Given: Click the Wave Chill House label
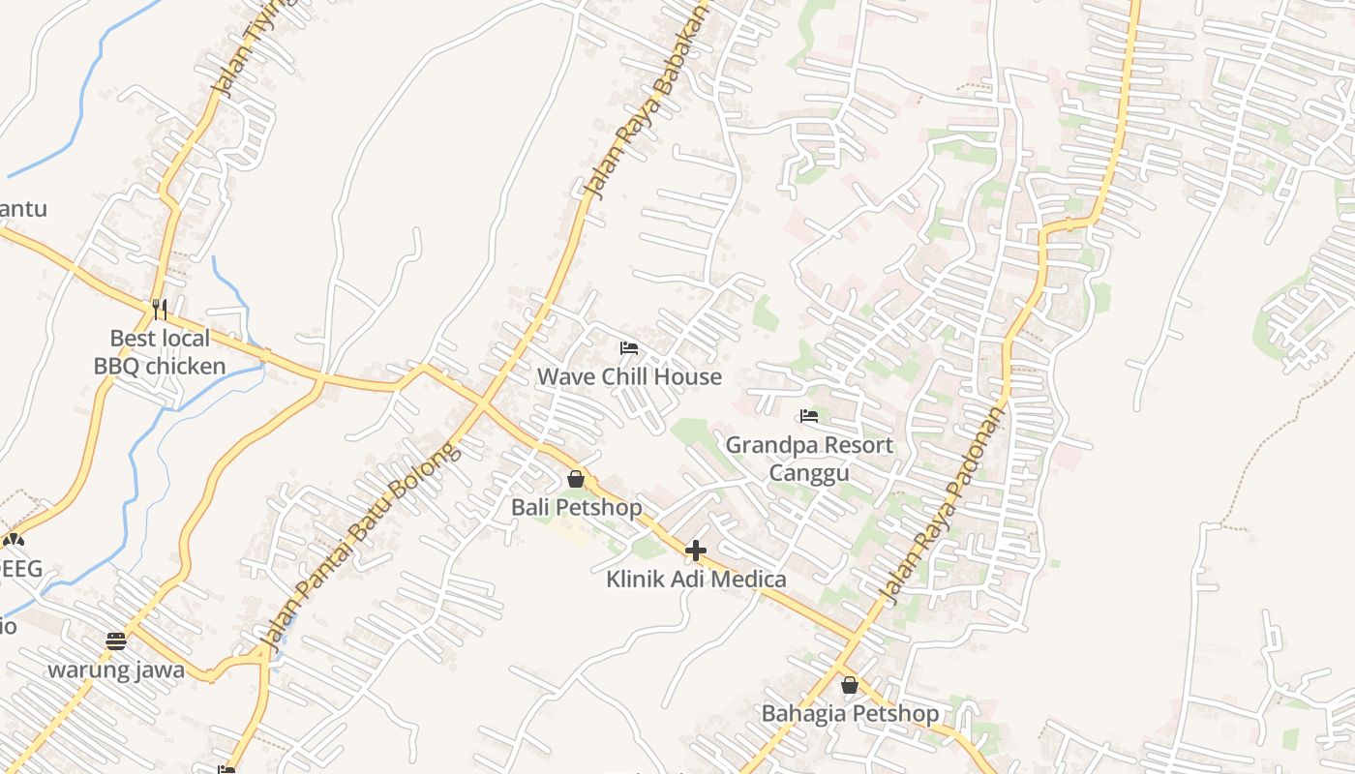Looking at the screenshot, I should coord(629,376).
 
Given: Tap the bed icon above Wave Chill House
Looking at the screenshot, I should coord(629,348).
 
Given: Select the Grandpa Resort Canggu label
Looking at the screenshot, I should coord(809,459).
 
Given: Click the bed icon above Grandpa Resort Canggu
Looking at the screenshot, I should coord(809,417).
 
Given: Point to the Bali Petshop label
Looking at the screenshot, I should coord(576,507).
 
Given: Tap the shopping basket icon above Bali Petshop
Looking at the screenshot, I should coord(576,479).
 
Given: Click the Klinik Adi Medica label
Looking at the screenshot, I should coord(696,580).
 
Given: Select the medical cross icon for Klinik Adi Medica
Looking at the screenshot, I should coord(696,551).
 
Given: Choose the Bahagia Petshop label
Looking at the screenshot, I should coord(850,713).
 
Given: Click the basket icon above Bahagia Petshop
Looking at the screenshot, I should coord(850,685).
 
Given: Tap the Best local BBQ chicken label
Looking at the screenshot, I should coord(160,352).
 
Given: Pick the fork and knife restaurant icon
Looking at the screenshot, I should coord(160,310).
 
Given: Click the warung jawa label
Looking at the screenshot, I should coord(116,670).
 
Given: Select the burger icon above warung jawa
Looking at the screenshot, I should coord(116,640).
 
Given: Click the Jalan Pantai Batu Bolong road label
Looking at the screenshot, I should coord(358,545).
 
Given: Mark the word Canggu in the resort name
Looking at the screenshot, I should coord(809,472).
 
